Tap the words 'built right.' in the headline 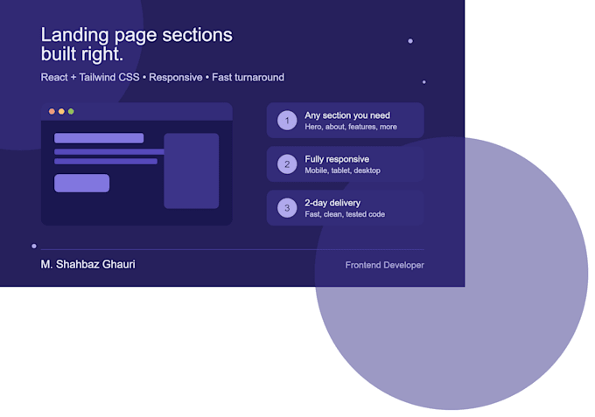(82, 54)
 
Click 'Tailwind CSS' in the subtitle (109, 77)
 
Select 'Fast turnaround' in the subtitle (248, 77)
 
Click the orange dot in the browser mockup (52, 111)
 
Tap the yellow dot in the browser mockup (61, 111)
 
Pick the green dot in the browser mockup (71, 111)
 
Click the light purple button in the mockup (82, 183)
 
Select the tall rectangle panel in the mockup (192, 170)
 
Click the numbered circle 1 (287, 121)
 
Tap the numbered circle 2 (287, 164)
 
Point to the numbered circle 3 (287, 208)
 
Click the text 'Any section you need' (347, 115)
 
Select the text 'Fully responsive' (337, 159)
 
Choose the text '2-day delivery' (332, 203)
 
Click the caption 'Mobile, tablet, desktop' (343, 170)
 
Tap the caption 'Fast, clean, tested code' (345, 214)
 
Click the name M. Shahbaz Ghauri (88, 264)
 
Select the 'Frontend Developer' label (385, 265)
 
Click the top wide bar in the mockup (99, 138)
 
